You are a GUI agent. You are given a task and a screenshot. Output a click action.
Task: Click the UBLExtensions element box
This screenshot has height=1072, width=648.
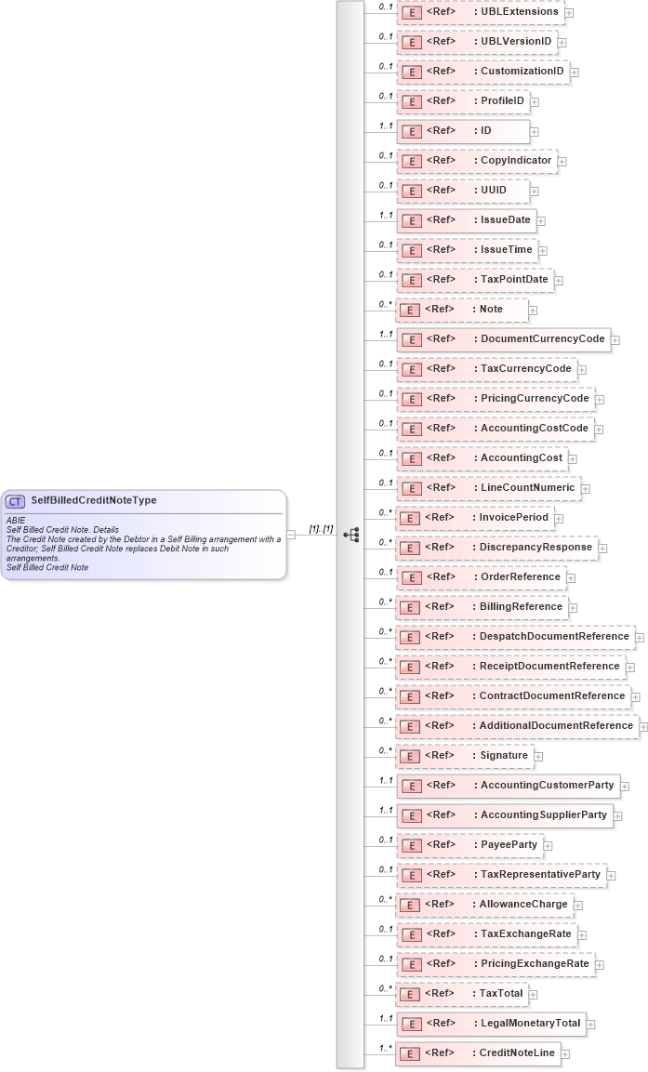[481, 12]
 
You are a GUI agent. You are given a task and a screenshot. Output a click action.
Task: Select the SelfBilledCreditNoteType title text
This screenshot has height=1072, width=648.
[94, 500]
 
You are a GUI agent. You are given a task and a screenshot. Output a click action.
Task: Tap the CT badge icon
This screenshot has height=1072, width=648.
[17, 501]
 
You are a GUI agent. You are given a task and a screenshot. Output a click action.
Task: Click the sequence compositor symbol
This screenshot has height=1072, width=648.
[351, 535]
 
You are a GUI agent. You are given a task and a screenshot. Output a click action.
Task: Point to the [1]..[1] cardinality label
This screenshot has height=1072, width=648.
[321, 528]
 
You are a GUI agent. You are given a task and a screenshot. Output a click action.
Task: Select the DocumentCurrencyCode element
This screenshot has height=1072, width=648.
[503, 339]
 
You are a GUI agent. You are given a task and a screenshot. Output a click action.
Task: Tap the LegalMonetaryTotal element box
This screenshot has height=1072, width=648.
[491, 1024]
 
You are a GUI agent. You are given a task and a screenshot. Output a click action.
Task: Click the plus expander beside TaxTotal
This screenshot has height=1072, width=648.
[534, 995]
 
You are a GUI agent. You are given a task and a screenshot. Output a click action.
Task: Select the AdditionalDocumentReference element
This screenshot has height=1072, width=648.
[517, 726]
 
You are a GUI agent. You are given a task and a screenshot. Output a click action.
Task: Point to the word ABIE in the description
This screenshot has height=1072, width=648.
[16, 521]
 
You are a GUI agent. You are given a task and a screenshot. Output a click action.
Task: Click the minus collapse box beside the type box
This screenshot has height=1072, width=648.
[292, 535]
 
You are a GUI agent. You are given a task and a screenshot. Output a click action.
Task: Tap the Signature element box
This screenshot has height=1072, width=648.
[465, 756]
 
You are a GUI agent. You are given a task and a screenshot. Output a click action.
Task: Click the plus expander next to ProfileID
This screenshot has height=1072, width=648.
[535, 102]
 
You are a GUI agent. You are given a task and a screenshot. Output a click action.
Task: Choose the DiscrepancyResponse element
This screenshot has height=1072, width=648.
[496, 548]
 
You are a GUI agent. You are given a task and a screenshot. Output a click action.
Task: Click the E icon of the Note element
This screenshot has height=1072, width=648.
[410, 310]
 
